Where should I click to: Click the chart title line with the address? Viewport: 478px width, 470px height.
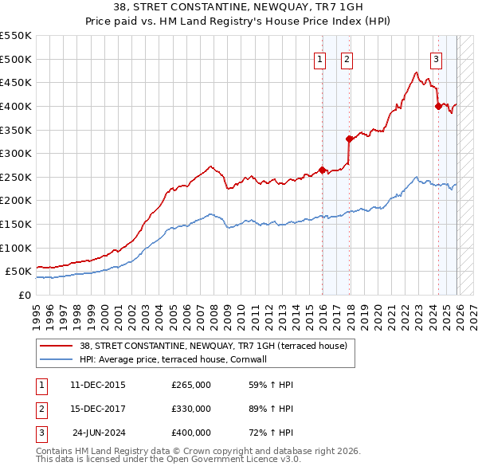239,7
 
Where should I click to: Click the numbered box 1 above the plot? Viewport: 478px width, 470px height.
319,58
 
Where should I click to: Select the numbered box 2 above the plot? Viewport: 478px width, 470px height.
347,58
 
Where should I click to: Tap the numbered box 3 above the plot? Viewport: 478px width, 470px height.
436,58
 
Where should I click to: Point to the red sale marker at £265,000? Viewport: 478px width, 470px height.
322,169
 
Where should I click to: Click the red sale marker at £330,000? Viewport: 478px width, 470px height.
349,139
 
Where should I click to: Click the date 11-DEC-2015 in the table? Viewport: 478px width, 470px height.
97,385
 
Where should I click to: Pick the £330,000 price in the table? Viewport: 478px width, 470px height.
191,409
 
